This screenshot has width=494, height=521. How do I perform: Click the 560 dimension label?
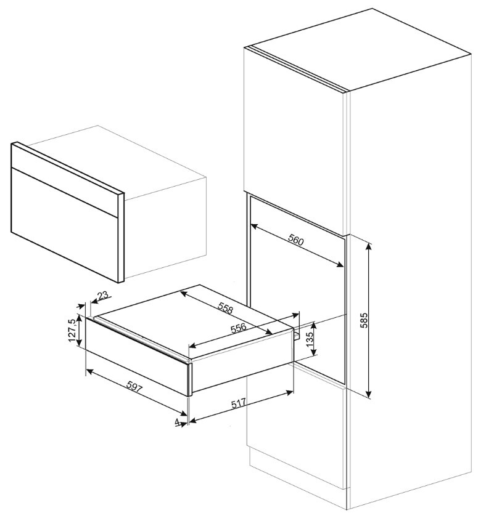[x=295, y=240]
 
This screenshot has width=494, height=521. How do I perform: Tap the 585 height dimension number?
[x=364, y=320]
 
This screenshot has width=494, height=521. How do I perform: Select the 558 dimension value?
[x=226, y=309]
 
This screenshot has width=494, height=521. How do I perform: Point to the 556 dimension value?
[x=238, y=328]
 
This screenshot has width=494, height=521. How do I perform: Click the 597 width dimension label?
[x=134, y=387]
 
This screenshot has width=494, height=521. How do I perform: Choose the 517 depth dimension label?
[x=238, y=403]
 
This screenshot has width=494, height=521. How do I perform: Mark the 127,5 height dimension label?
[x=72, y=330]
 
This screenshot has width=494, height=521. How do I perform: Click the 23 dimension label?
[x=104, y=295]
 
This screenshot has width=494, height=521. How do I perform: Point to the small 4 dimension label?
[x=177, y=422]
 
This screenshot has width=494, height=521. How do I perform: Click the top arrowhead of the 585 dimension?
[x=368, y=246]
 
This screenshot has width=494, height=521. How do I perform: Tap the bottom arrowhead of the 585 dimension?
[x=368, y=394]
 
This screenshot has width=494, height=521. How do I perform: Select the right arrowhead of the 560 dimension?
[x=340, y=264]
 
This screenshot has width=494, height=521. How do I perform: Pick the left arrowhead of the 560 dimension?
[x=255, y=227]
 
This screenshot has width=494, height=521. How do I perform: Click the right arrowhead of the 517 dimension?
[x=289, y=392]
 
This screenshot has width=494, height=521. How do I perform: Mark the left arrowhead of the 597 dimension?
[x=90, y=371]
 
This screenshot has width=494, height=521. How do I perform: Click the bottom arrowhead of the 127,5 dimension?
[x=79, y=342]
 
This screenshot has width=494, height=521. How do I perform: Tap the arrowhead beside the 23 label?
[x=94, y=301]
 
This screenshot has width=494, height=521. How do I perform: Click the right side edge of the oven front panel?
[x=121, y=238]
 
